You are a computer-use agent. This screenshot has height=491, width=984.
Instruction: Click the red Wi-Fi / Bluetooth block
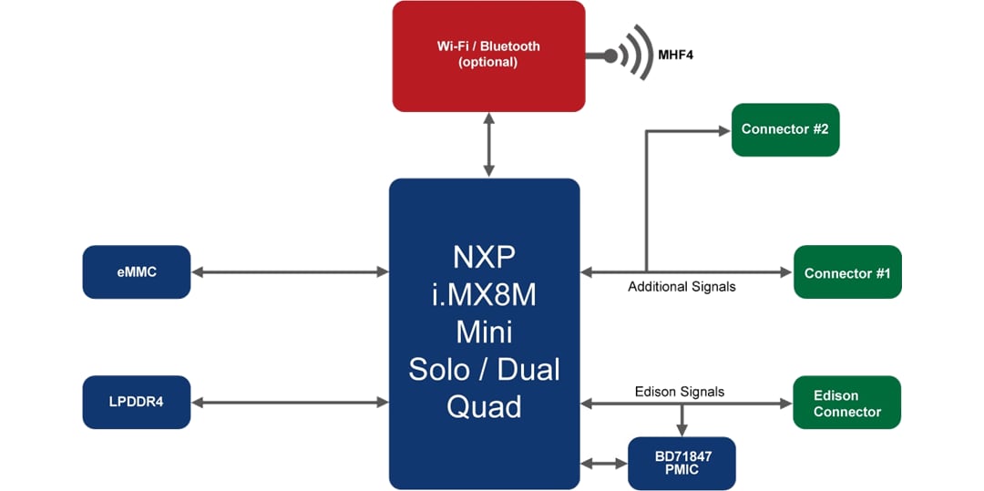tap(487, 56)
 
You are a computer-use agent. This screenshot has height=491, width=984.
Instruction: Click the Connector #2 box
tap(784, 129)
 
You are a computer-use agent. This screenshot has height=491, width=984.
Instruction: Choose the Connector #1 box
tap(847, 272)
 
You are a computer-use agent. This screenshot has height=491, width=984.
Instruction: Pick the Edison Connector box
tap(846, 403)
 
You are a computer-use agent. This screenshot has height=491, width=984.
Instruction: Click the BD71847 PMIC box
tap(682, 463)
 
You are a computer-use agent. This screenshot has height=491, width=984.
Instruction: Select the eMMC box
tap(137, 271)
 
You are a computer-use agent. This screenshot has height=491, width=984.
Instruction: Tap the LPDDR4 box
tap(137, 402)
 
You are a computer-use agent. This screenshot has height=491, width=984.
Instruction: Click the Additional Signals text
tap(682, 287)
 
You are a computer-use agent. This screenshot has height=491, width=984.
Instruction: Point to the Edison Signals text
tap(679, 392)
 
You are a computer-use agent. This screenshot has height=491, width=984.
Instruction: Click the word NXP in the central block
tap(484, 253)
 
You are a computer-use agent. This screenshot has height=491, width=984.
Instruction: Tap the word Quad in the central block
tap(484, 406)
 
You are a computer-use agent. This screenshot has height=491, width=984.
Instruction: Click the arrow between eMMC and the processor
tap(290, 271)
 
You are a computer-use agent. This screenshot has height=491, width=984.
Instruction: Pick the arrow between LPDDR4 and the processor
tap(290, 402)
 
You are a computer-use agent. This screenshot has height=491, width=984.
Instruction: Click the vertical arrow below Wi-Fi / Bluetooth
tap(489, 145)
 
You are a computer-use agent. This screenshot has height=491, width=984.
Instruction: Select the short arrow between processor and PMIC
tap(604, 464)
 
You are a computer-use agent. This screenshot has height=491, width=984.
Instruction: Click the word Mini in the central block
tap(484, 331)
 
